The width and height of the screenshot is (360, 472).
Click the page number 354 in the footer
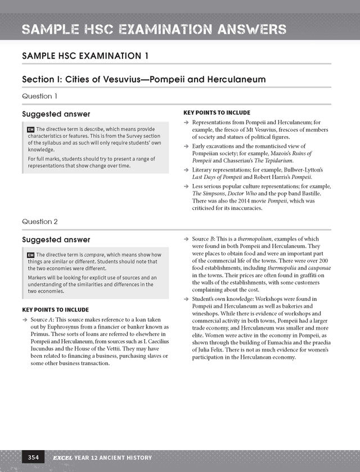point(30,457)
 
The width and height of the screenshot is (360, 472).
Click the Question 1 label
point(39,96)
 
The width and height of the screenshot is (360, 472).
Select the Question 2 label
point(39,221)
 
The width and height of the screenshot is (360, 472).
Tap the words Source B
point(205,239)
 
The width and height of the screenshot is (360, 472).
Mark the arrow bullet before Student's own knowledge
point(187,298)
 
